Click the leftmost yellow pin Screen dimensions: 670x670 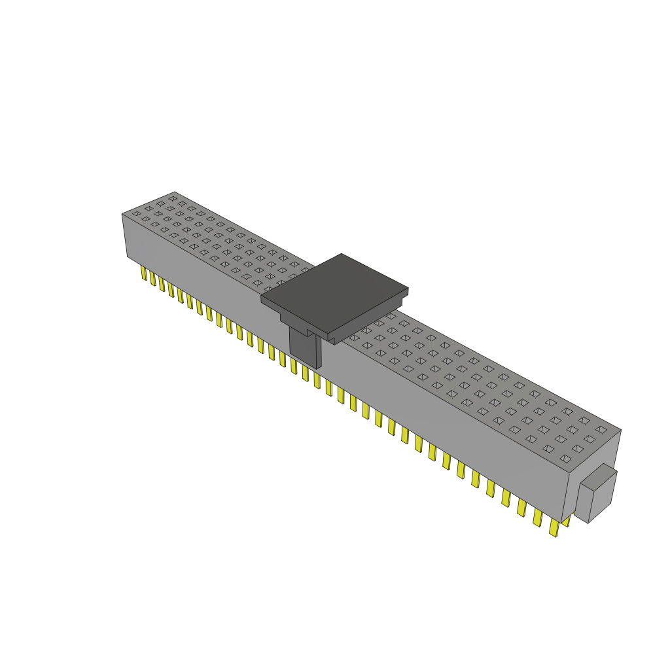click(143, 272)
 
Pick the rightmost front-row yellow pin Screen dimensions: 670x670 click(554, 527)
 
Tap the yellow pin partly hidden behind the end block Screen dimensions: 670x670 click(566, 520)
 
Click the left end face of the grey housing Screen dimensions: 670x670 click(125, 236)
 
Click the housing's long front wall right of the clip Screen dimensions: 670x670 click(445, 419)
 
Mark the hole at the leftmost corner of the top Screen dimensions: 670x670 click(136, 214)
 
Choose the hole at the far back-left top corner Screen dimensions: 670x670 click(173, 198)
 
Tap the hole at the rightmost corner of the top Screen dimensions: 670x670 click(601, 430)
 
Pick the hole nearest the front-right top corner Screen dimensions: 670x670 click(565, 459)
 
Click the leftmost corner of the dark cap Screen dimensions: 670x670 click(262, 299)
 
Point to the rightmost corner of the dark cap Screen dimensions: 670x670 click(408, 289)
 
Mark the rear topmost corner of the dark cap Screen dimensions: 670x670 click(342, 254)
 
